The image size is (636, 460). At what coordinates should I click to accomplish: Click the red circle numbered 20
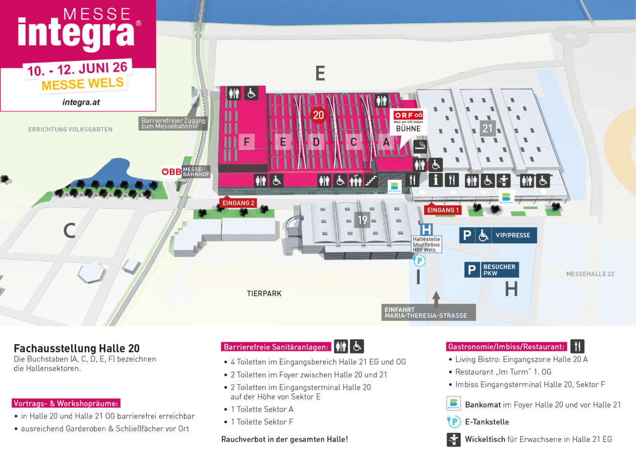point(319,115)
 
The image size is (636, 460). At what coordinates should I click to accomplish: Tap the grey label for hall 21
point(487,128)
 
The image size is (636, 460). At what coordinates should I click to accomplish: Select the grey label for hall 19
point(363,220)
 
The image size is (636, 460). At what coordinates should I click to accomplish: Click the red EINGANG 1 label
point(443,210)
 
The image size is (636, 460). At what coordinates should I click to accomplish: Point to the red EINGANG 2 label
point(238,203)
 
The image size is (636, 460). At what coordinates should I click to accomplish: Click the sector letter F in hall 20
point(246,142)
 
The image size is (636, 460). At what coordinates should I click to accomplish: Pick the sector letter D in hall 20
point(316,142)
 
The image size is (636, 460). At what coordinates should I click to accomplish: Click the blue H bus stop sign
point(426,230)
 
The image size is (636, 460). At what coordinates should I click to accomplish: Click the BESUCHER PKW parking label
point(499,270)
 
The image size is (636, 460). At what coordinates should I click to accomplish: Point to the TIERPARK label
point(264,294)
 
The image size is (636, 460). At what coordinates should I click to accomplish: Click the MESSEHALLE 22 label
point(590,274)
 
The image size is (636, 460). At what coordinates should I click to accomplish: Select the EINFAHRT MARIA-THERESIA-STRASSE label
point(426,312)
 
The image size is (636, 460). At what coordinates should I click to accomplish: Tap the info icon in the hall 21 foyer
point(436,180)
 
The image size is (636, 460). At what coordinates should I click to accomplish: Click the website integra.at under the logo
point(81,102)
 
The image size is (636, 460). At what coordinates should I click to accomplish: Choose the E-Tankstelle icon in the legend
point(454,422)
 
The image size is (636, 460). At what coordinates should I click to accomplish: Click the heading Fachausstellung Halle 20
point(76,348)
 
